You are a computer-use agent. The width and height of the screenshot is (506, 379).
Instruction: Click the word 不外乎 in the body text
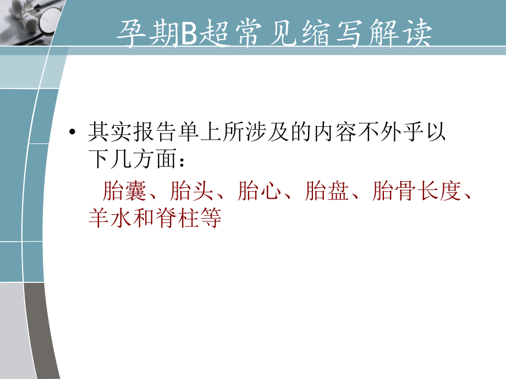(x=389, y=133)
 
